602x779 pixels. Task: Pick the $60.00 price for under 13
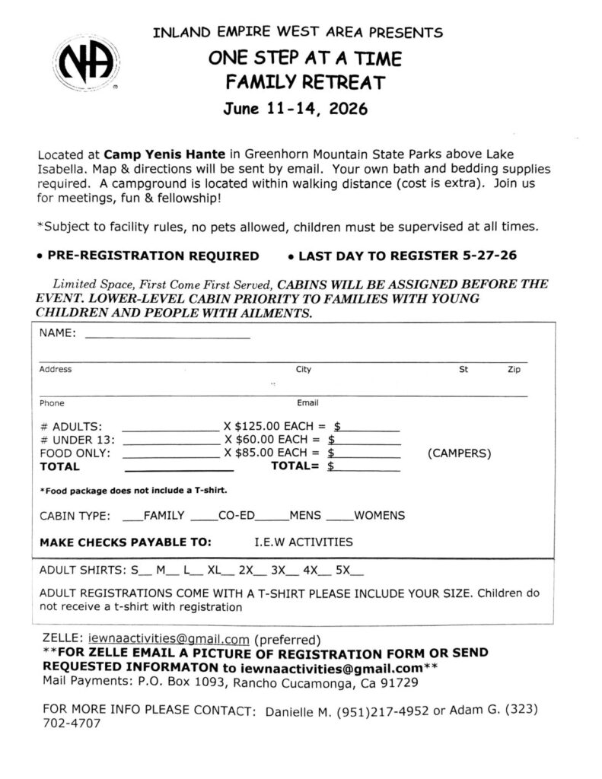click(x=255, y=440)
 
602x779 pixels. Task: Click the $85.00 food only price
click(x=255, y=453)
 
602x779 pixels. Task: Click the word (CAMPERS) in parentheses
click(x=460, y=453)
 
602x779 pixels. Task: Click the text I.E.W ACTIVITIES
click(x=303, y=542)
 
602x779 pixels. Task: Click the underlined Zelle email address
click(x=170, y=639)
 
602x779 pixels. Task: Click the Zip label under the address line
click(x=514, y=370)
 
